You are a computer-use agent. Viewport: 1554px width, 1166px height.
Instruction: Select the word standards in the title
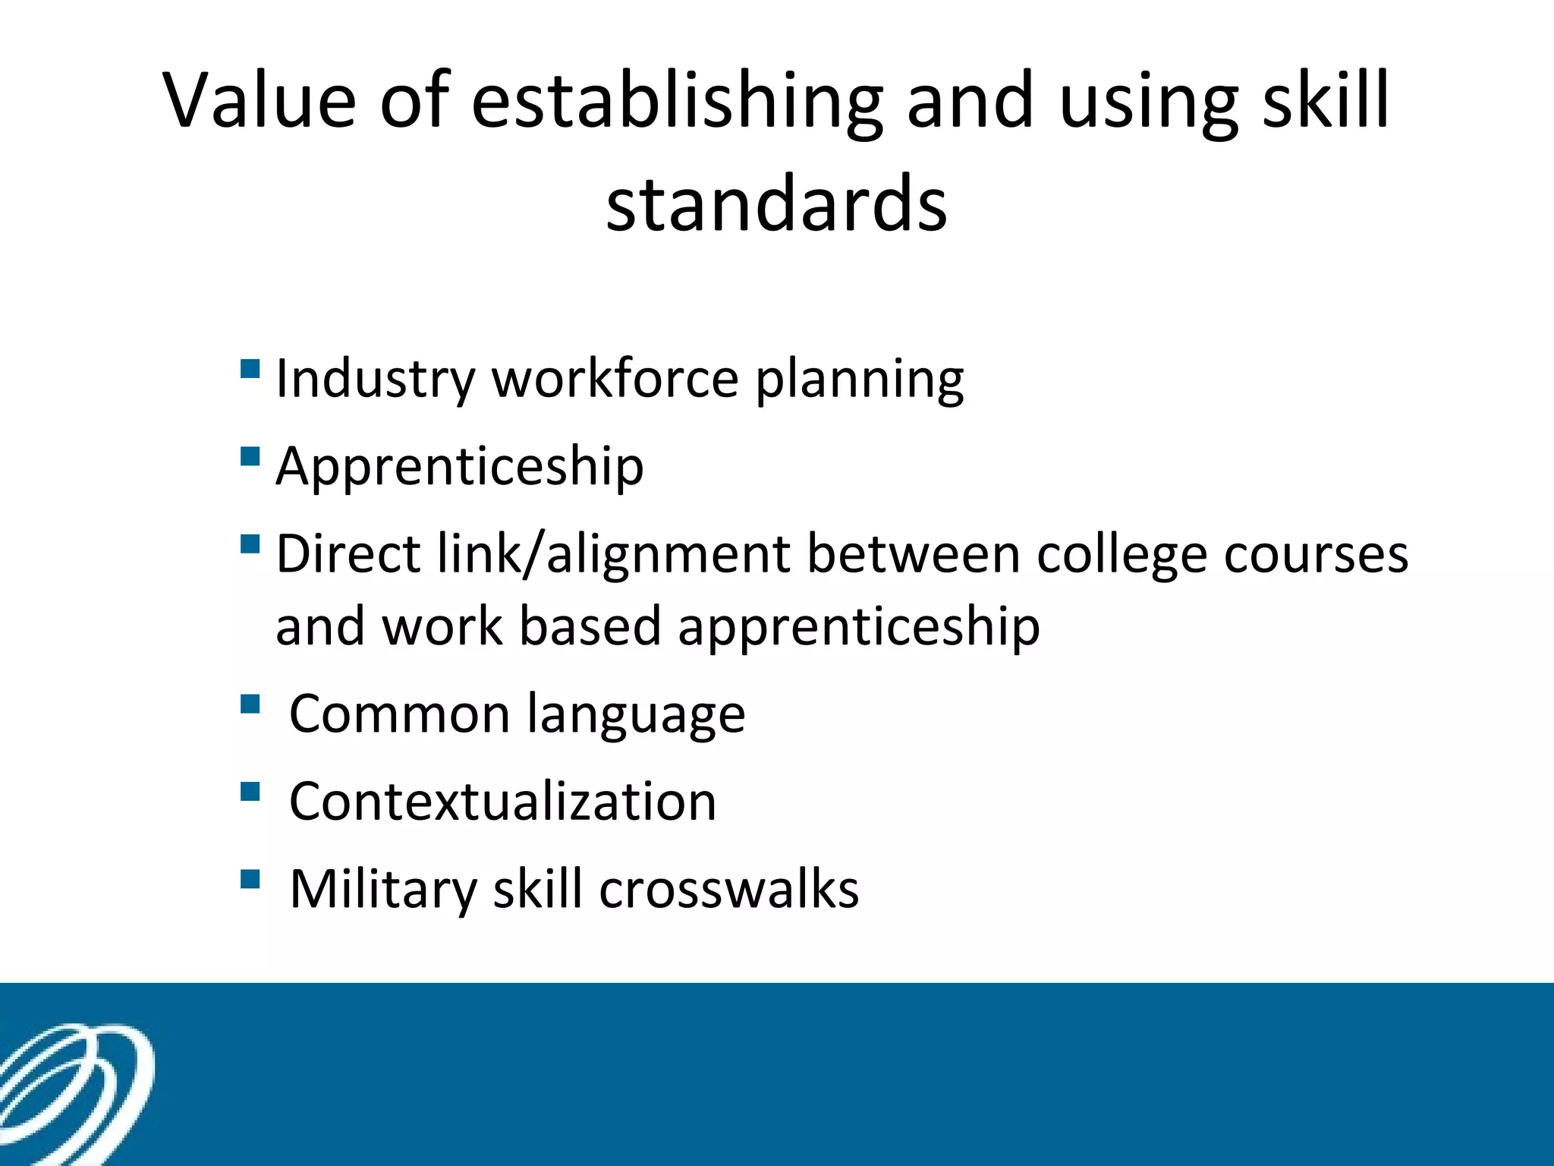(776, 203)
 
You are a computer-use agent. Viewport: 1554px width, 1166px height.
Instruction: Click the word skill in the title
(1325, 100)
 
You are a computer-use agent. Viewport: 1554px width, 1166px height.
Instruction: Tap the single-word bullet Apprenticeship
(460, 466)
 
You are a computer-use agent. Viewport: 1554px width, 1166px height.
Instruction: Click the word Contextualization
(503, 802)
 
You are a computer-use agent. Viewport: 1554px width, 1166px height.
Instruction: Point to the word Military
(382, 889)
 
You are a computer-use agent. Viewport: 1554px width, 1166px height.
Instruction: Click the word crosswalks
(729, 889)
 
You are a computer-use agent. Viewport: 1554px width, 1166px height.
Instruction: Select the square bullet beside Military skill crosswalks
(250, 879)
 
